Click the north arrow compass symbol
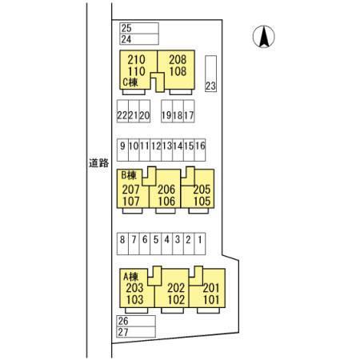[x=264, y=37]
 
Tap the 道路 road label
[x=99, y=162]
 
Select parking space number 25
[x=139, y=28]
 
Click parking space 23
[x=210, y=74]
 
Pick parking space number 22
[x=122, y=111]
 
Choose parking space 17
[x=189, y=111]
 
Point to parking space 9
[x=122, y=150]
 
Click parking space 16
[x=200, y=150]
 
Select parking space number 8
[x=122, y=244]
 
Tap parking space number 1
[x=200, y=244]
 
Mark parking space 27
[x=136, y=332]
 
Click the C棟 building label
[x=130, y=82]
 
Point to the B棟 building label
[x=129, y=175]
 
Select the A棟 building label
[x=130, y=277]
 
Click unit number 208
[x=178, y=60]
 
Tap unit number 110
[x=136, y=71]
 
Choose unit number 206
[x=166, y=190]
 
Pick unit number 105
[x=202, y=202]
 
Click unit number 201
[x=211, y=288]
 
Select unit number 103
[x=135, y=300]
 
